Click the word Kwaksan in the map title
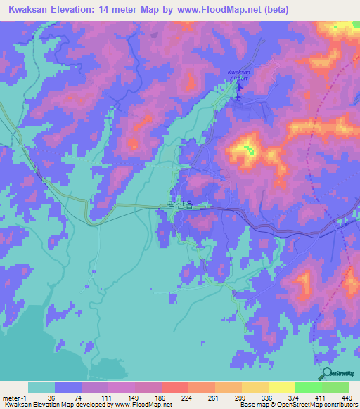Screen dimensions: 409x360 point(29,9)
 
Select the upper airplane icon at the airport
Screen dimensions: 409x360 point(238,87)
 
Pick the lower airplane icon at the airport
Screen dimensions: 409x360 point(237,96)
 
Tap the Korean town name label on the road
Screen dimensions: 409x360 point(179,205)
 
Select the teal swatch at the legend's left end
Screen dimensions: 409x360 point(41,387)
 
